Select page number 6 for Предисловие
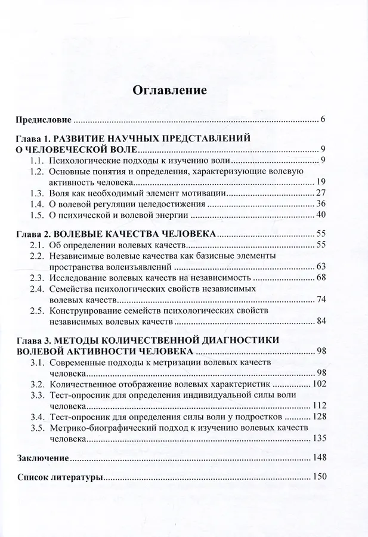click(322, 119)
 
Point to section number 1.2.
click(39, 171)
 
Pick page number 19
click(320, 183)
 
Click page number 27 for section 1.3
click(320, 193)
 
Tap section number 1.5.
click(39, 215)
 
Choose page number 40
click(320, 215)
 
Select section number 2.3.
click(39, 277)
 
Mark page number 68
click(320, 277)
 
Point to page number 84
click(320, 321)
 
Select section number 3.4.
click(39, 417)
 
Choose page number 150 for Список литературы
click(317, 477)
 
